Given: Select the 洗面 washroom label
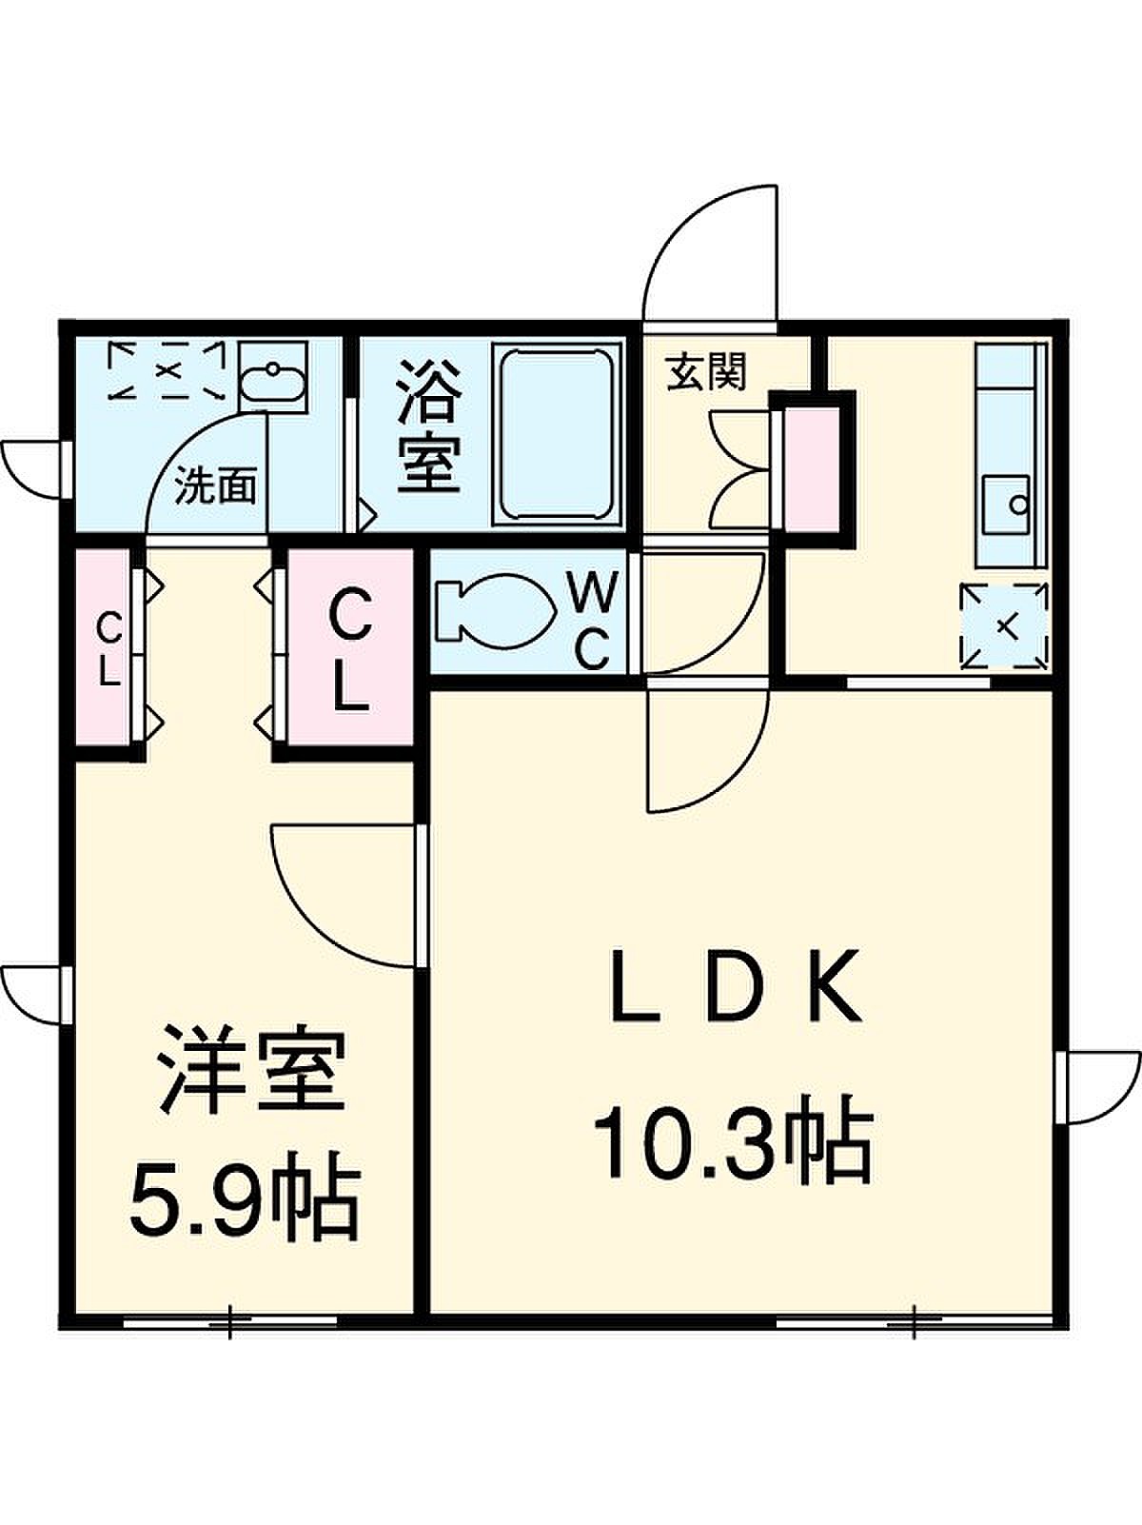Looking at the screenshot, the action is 215,485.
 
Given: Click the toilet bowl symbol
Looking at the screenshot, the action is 494,612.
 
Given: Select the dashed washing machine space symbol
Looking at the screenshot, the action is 167,370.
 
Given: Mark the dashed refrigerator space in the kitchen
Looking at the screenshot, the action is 1004,626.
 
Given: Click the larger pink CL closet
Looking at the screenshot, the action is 350,648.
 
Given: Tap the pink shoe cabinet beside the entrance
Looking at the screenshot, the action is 812,470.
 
